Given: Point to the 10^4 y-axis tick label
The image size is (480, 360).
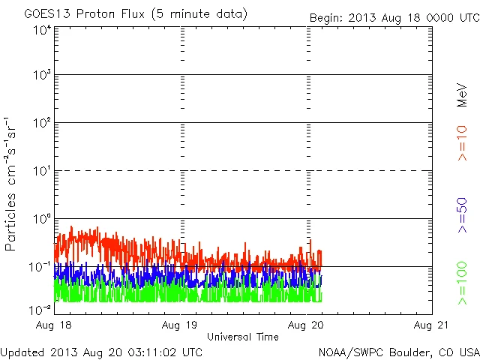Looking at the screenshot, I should coord(42,30).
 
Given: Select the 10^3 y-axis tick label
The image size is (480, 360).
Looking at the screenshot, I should coord(42,76).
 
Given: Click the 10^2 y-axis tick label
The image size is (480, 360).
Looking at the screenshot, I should coord(42,124).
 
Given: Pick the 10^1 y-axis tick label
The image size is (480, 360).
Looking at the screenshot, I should coord(42,172).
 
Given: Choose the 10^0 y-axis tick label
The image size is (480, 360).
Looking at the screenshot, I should coord(42,220).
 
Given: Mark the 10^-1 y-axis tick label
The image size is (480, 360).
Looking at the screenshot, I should coord(42,267).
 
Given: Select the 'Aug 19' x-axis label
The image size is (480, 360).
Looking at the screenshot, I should coord(181,325).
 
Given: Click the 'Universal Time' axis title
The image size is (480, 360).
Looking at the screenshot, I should coord(243,337).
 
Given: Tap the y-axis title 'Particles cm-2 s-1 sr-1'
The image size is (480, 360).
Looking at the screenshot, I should coord(12,184).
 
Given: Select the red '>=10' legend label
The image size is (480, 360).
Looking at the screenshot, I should coord(462,143).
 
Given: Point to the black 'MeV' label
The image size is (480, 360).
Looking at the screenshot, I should coord(462,94).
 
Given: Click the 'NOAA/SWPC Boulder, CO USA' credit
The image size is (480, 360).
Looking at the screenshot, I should coord(398,351).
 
